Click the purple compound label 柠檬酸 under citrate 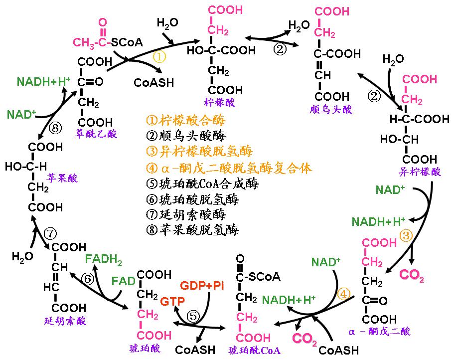(x=219, y=102)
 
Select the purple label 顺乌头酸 (x=331, y=110)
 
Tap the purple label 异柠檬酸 (x=420, y=172)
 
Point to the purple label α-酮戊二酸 (x=380, y=331)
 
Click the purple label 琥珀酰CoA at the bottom (x=255, y=351)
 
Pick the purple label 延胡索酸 (x=65, y=321)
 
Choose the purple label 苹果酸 (x=62, y=178)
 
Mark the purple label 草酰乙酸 (x=96, y=134)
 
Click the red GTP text (x=172, y=301)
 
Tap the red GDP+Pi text (x=202, y=286)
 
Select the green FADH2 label (x=103, y=259)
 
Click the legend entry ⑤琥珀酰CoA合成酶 (x=202, y=183)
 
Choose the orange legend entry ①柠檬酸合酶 (x=186, y=120)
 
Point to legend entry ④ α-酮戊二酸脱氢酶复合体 (x=229, y=168)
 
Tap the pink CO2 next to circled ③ (x=412, y=274)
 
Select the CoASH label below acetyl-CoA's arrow (x=154, y=82)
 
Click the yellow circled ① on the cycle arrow (x=159, y=57)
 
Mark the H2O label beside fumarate (x=22, y=257)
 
